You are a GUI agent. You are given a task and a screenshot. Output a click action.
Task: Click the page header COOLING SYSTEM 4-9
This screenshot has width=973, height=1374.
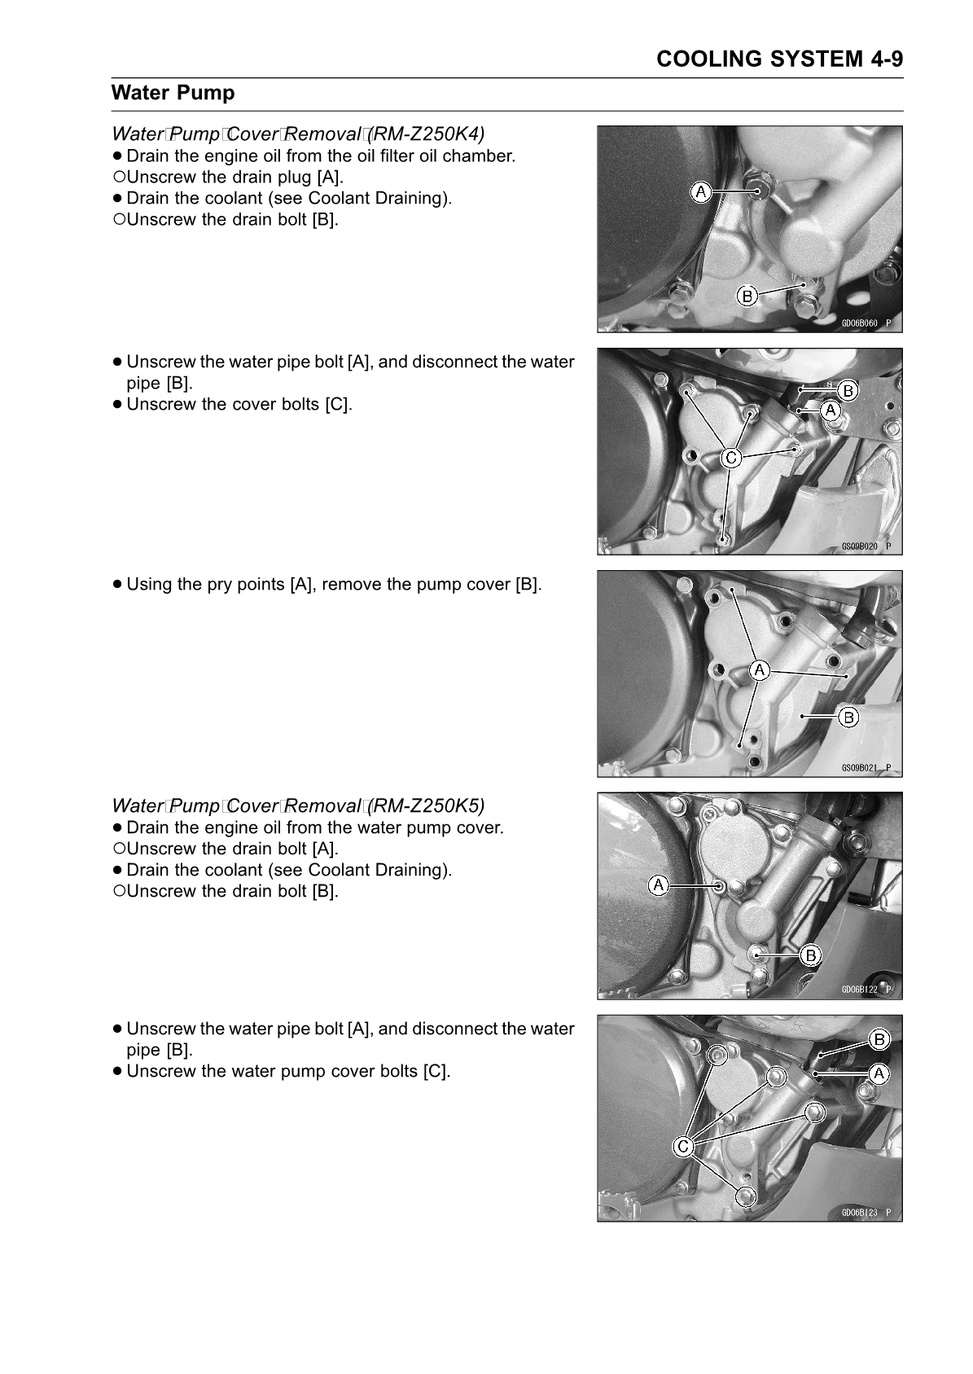[779, 59]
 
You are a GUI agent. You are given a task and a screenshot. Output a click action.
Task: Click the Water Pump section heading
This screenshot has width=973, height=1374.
[173, 93]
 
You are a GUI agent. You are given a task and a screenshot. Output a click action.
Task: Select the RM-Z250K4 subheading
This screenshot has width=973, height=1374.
[298, 133]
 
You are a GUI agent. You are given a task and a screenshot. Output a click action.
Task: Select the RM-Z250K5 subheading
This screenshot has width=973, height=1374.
[298, 806]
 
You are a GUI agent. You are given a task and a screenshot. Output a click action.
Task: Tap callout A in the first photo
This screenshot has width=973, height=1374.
[700, 191]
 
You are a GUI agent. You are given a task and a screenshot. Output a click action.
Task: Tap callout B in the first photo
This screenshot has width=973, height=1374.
[747, 296]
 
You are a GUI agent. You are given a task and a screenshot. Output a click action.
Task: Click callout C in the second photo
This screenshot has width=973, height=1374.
[731, 458]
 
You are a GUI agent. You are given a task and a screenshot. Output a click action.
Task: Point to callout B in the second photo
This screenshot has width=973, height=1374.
[848, 391]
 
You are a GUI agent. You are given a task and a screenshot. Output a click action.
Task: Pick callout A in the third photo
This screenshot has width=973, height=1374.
[759, 670]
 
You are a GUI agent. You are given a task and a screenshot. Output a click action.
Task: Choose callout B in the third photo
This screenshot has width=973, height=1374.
[848, 717]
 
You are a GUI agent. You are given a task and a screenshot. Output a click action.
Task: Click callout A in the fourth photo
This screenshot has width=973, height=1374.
[658, 884]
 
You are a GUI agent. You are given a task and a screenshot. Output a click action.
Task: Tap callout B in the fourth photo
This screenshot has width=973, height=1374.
[810, 955]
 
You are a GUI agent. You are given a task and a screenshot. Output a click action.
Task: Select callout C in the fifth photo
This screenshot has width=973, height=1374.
[683, 1147]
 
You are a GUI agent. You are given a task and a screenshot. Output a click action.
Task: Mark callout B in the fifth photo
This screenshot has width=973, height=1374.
[879, 1039]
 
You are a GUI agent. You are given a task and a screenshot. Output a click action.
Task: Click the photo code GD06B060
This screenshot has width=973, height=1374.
[860, 323]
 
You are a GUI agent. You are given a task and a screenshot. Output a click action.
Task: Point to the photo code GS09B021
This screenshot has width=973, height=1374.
[860, 767]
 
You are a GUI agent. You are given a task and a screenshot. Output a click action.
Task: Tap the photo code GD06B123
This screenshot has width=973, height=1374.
[860, 1212]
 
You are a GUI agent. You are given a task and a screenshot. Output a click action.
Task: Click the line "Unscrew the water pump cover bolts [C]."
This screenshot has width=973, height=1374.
[288, 1071]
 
